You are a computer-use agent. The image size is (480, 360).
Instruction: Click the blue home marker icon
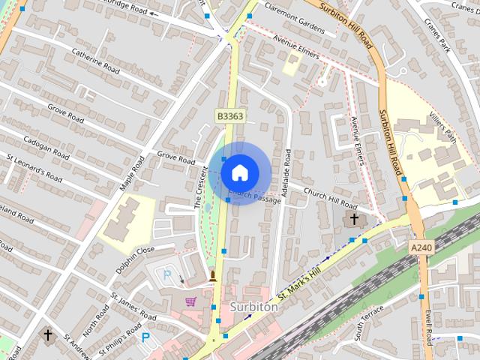(x=239, y=172)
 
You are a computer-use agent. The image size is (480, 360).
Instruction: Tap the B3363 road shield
(x=229, y=116)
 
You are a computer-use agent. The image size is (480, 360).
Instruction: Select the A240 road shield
(x=422, y=247)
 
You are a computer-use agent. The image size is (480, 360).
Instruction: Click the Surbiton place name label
(x=253, y=307)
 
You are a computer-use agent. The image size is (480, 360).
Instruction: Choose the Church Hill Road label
(x=330, y=198)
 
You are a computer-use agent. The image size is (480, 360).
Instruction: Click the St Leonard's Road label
(x=34, y=168)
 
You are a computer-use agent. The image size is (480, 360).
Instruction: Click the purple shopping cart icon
(x=191, y=301)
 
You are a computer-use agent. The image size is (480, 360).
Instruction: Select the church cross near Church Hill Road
(x=354, y=219)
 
